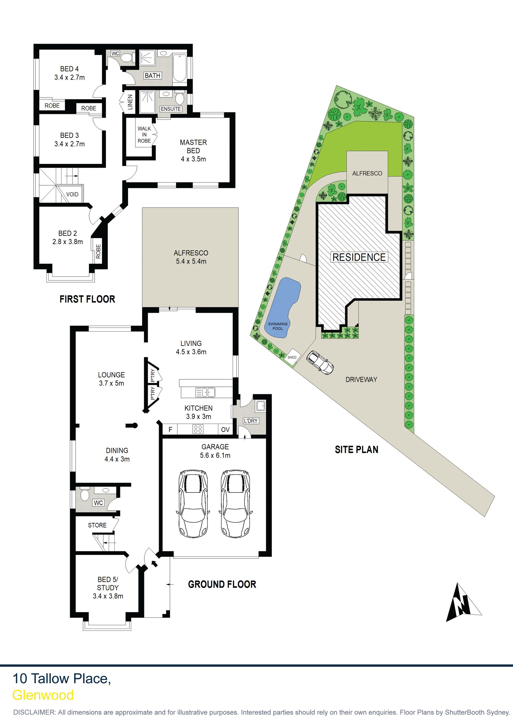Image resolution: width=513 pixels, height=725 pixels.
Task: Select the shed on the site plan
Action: tap(292, 357)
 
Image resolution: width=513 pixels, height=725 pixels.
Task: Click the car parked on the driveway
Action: tap(320, 362)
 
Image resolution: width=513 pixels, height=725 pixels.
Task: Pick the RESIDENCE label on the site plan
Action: tap(359, 257)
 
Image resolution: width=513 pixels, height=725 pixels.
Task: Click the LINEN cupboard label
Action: tap(130, 102)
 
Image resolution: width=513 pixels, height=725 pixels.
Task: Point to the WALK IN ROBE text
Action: tap(144, 135)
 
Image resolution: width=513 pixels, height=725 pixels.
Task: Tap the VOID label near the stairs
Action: tap(72, 194)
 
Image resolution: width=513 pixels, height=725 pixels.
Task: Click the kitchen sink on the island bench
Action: tap(205, 392)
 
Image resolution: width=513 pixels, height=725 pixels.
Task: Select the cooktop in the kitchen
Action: tap(198, 429)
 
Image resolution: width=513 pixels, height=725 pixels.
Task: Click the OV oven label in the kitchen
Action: tap(225, 430)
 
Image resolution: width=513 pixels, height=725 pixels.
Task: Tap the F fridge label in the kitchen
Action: tap(170, 430)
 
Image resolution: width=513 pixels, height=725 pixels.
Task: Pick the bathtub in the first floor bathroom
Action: tap(180, 68)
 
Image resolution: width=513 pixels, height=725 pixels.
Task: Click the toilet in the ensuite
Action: tap(180, 98)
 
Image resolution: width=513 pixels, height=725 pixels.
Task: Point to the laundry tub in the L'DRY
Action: tap(261, 406)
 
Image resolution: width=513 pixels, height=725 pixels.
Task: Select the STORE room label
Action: tap(97, 525)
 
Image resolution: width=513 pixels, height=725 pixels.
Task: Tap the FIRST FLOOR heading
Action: tap(87, 299)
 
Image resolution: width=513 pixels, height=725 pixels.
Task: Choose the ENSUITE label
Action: tap(171, 109)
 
